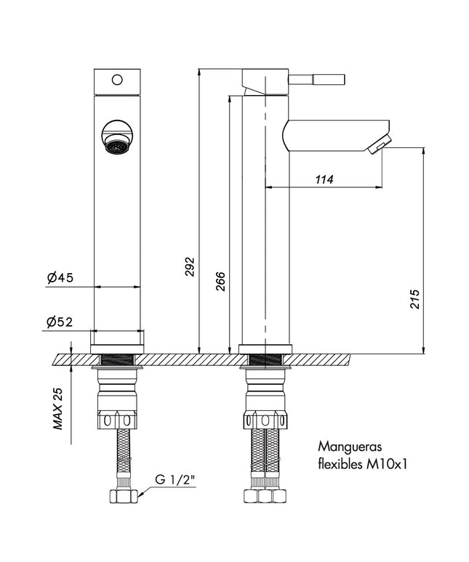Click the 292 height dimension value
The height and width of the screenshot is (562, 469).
click(x=190, y=266)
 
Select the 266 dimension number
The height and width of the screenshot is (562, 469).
click(x=221, y=281)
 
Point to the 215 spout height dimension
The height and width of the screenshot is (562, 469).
click(x=414, y=298)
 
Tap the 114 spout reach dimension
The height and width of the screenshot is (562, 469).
click(x=324, y=179)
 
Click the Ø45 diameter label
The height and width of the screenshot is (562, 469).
click(x=60, y=277)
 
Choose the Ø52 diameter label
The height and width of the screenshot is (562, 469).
click(x=60, y=322)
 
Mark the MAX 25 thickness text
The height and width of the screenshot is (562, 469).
click(x=57, y=408)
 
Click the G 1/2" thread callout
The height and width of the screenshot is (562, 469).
click(x=176, y=479)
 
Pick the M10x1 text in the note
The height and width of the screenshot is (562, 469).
click(x=386, y=465)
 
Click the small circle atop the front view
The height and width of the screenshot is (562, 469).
click(x=117, y=80)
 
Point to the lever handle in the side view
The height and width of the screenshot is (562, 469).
click(x=317, y=79)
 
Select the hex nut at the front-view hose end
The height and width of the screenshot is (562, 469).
click(x=123, y=497)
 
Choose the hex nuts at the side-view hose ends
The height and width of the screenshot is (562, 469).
click(x=265, y=496)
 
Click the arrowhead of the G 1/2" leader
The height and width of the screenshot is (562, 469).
click(x=140, y=494)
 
